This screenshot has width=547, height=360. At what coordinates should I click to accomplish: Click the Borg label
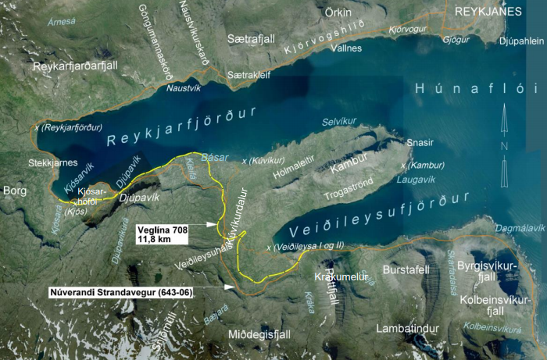(15, 191)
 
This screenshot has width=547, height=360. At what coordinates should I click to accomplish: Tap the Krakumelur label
(335, 277)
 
